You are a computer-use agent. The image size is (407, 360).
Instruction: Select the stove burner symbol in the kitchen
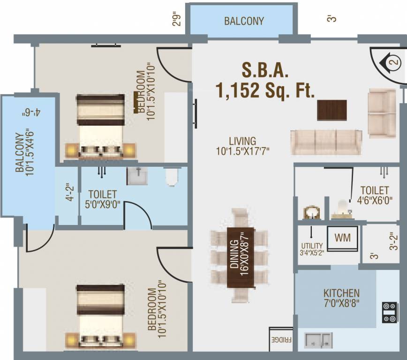point(390,313)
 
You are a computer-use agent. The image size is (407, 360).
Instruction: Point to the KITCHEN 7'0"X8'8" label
point(341,297)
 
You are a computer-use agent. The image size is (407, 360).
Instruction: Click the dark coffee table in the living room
point(332,110)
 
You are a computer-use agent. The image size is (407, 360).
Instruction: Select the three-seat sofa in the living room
point(326,142)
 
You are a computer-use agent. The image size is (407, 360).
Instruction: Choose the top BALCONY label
point(244,21)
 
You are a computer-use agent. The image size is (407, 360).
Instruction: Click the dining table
point(240,257)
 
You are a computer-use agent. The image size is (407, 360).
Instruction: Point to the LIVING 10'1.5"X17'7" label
point(242,145)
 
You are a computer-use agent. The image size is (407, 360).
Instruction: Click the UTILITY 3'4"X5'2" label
point(312,249)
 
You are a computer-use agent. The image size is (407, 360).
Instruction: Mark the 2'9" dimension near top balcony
point(178,22)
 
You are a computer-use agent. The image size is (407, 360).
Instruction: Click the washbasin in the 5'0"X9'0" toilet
point(137,177)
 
